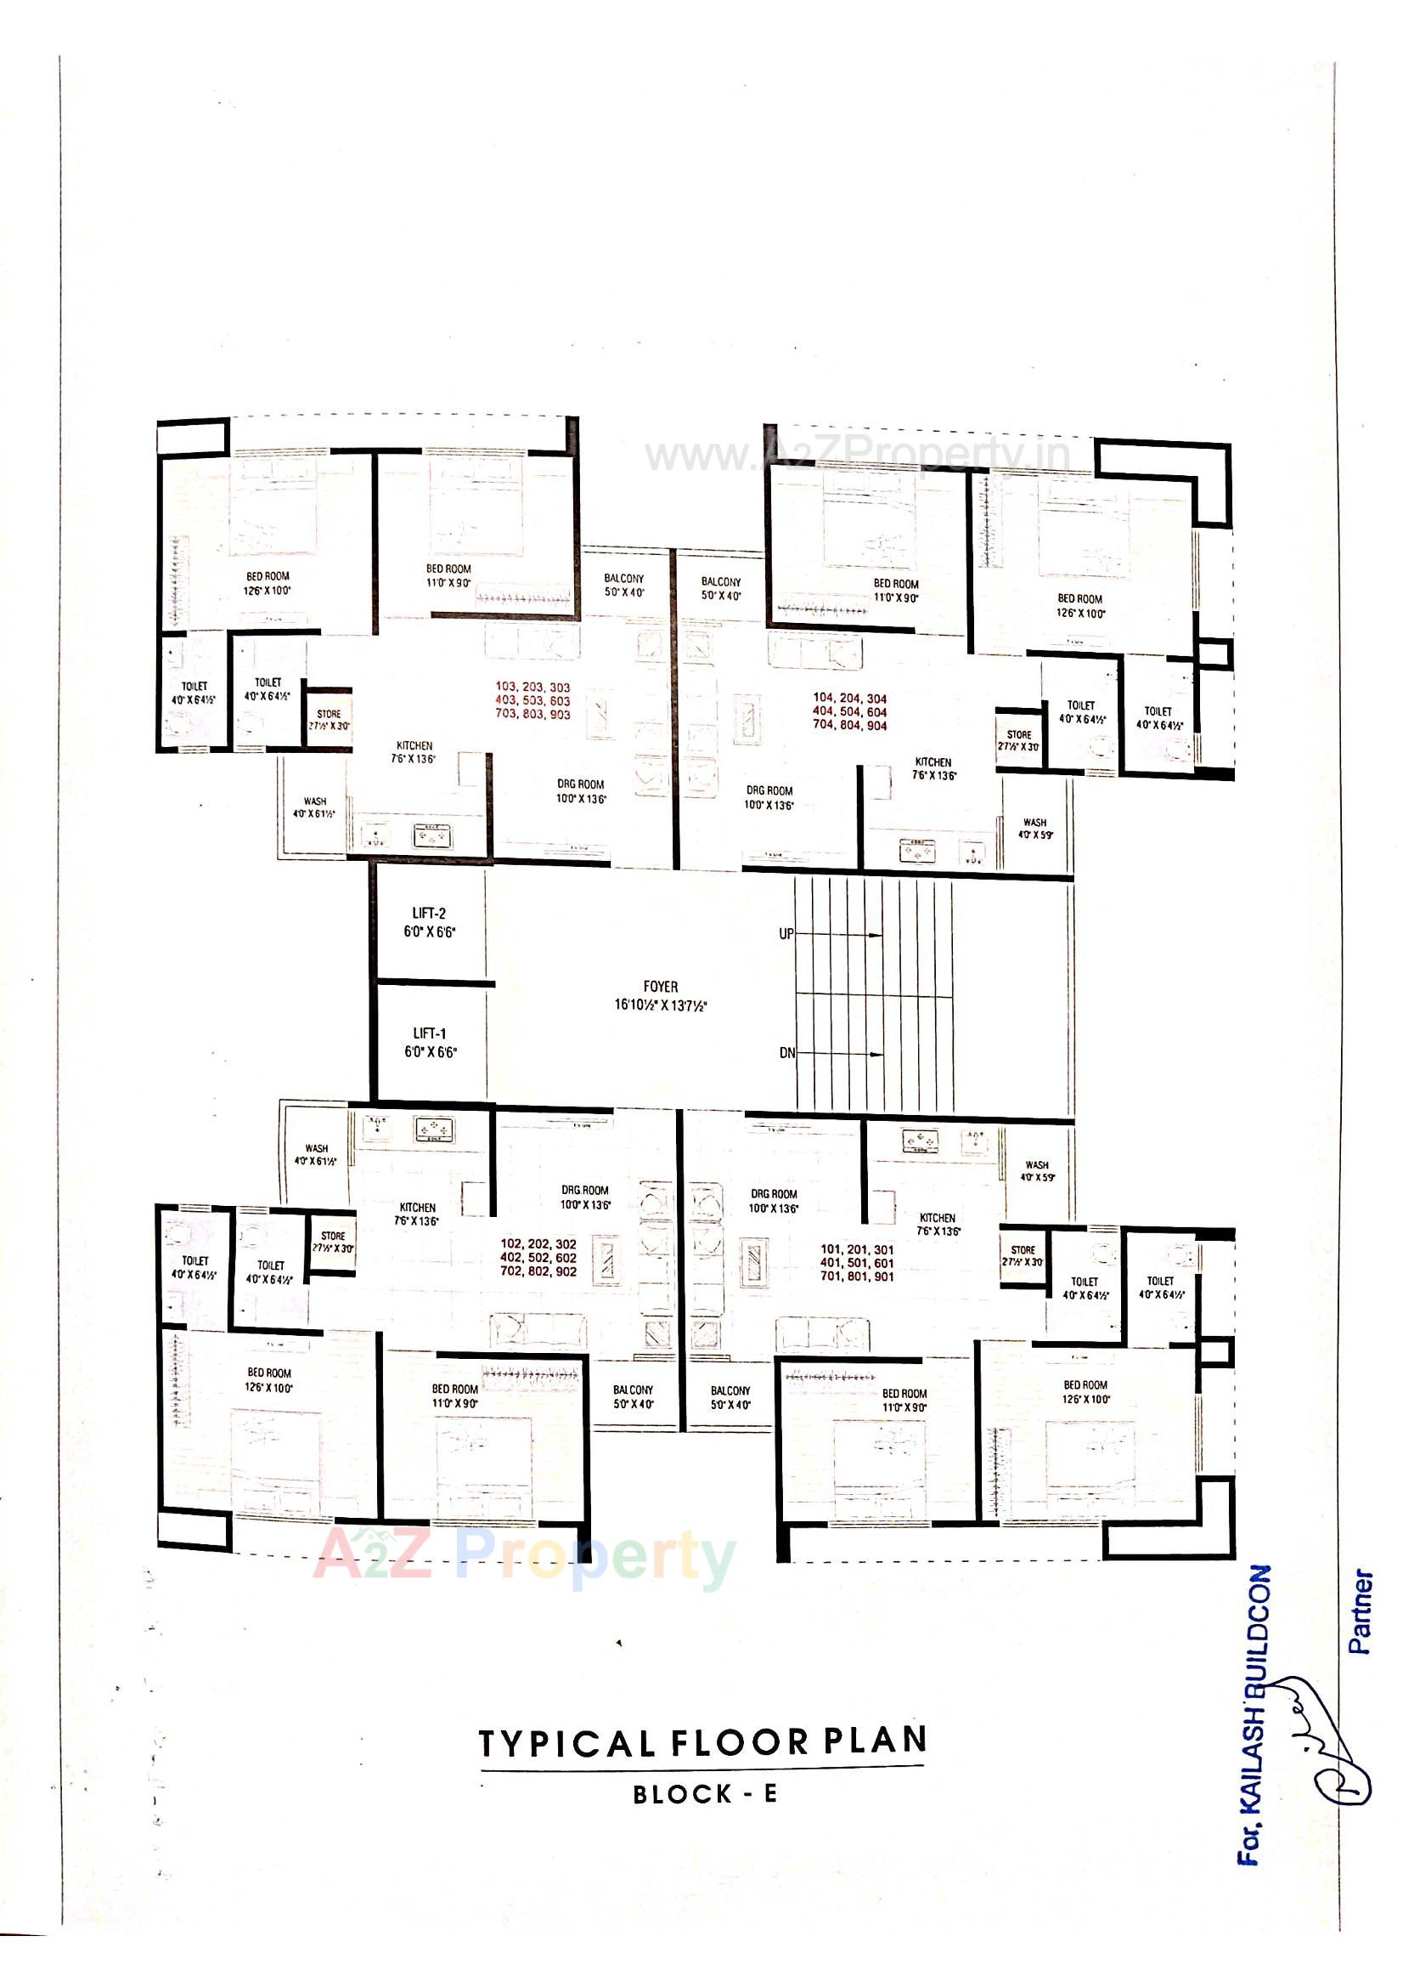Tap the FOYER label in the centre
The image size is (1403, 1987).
coord(661,986)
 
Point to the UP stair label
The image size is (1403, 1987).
coord(786,935)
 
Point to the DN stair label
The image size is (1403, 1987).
coord(786,1053)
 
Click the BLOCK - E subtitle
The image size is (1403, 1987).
coord(705,1794)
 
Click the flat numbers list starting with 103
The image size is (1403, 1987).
coord(532,701)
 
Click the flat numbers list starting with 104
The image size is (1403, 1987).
coord(849,711)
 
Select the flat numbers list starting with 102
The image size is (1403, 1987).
coord(538,1259)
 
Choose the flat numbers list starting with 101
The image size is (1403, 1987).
coord(856,1263)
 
